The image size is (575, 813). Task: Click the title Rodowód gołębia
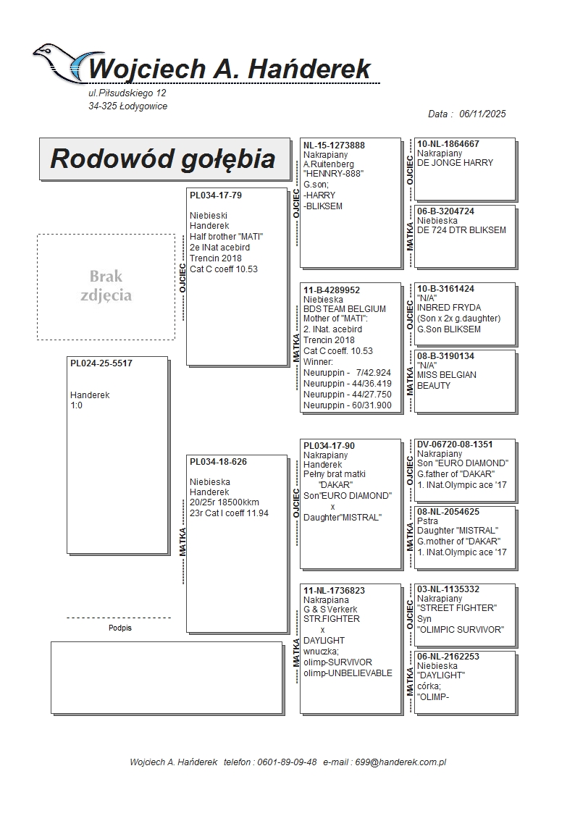click(x=163, y=159)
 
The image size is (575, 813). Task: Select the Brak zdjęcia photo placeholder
click(x=106, y=287)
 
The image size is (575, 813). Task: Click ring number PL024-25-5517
click(x=101, y=363)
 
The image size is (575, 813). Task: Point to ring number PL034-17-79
click(x=216, y=195)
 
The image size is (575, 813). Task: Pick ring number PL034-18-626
click(x=218, y=462)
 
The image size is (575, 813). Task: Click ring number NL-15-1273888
click(x=334, y=145)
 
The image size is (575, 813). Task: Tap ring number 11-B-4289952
click(x=332, y=290)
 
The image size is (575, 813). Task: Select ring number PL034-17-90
click(x=329, y=445)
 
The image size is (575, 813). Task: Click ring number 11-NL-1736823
click(x=334, y=590)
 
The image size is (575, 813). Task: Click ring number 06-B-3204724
click(x=446, y=211)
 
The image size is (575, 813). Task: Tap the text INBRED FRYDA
click(x=449, y=308)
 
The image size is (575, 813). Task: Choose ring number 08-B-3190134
click(x=446, y=355)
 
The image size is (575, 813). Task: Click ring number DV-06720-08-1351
click(x=455, y=444)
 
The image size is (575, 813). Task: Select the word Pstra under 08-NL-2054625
click(x=428, y=521)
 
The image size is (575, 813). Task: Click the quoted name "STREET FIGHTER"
click(x=456, y=608)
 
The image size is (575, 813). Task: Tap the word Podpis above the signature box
click(x=119, y=628)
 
